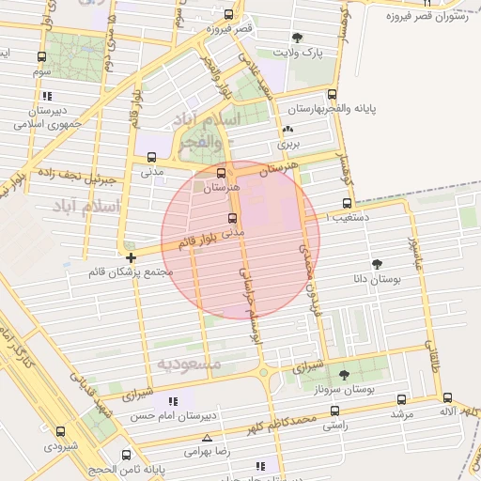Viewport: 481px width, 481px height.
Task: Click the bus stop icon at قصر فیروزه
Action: point(229,15)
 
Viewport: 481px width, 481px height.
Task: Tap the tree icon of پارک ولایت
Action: point(298,39)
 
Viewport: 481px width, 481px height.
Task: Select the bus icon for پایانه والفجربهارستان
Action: point(332,94)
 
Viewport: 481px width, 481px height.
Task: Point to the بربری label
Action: point(287,145)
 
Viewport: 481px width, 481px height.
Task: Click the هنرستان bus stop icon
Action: point(222,173)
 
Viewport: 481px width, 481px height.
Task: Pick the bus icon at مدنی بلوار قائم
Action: point(231,219)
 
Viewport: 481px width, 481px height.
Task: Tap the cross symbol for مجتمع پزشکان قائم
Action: point(131,256)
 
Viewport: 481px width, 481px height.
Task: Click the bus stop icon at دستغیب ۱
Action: point(348,203)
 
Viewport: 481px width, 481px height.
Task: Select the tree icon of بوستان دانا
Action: point(378,264)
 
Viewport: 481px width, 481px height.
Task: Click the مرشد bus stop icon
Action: point(402,399)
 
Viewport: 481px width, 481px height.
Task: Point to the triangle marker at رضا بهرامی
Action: point(208,438)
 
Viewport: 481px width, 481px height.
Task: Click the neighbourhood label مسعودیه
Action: point(189,364)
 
